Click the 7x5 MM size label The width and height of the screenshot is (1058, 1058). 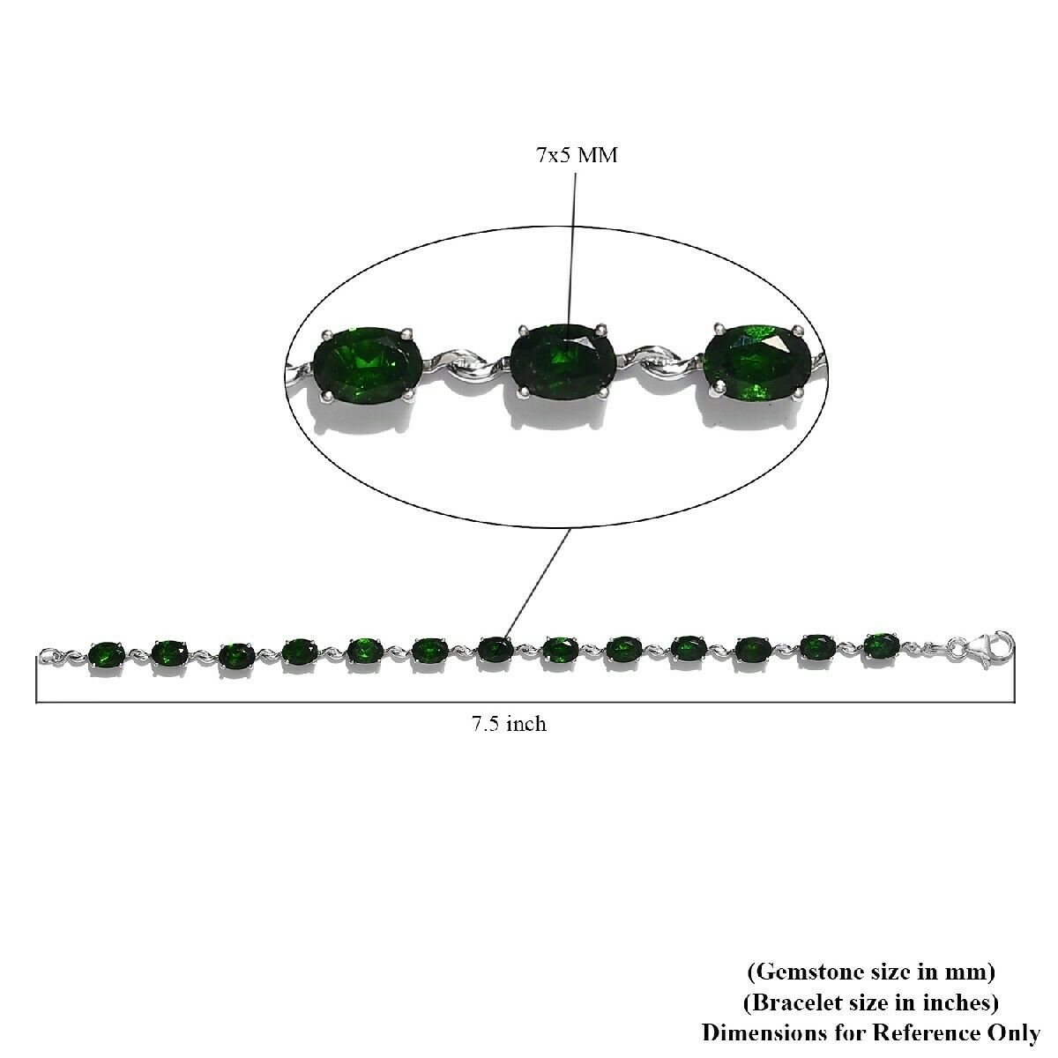pyautogui.click(x=577, y=155)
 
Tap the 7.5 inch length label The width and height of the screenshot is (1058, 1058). pyautogui.click(x=509, y=724)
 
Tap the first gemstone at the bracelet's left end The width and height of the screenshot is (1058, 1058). pyautogui.click(x=106, y=653)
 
